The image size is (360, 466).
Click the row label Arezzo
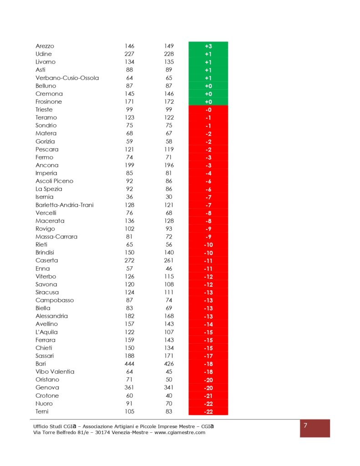coord(45,46)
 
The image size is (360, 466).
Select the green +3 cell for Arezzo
coord(208,46)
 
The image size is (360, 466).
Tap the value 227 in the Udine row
coord(129,54)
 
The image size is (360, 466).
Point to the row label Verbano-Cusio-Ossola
coord(67,78)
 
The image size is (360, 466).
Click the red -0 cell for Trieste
coord(208,110)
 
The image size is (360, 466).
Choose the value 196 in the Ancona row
coord(169,165)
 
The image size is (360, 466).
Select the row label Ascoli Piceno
coord(54,181)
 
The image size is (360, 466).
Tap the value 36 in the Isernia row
coord(129,197)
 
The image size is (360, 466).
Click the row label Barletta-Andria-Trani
coord(64,205)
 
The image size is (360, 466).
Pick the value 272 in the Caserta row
coord(129,260)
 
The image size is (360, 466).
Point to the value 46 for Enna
coord(169,268)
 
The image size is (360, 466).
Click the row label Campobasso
coord(55,300)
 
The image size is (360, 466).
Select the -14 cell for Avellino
coord(208,324)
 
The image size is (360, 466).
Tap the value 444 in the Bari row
coord(129,364)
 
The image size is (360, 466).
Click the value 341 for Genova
coord(169,388)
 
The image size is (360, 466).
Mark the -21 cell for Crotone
coord(208,395)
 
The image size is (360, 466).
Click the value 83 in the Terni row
coord(169,411)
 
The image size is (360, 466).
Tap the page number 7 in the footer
coord(306,426)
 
